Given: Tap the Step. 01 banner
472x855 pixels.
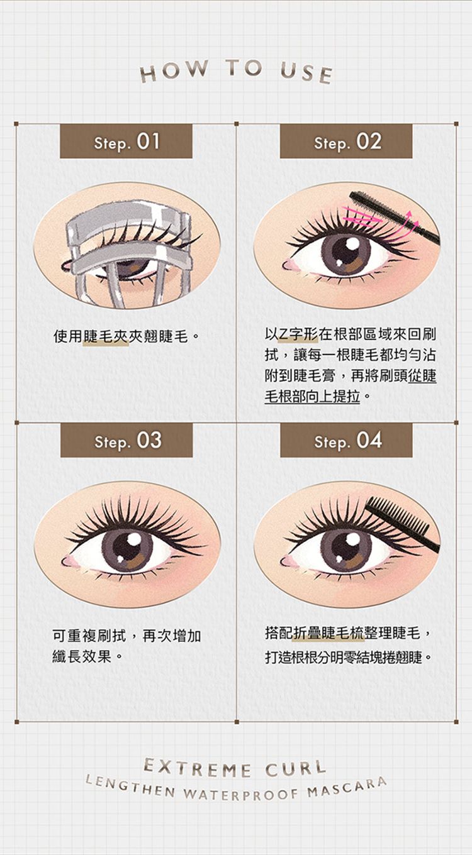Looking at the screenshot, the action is (126, 141).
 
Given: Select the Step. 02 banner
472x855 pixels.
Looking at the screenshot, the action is (346, 141).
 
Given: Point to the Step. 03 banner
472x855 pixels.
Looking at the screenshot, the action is (126, 440).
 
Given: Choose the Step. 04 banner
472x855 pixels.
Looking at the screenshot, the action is (346, 440).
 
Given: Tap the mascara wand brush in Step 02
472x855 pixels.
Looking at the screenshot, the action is (394, 217).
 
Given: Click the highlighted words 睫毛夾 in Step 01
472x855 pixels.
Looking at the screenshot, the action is (106, 336).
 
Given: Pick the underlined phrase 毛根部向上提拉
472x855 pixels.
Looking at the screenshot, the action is (312, 397).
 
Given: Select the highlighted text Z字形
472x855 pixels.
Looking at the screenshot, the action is (297, 334).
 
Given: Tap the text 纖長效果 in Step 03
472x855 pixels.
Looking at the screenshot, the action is (82, 656).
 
